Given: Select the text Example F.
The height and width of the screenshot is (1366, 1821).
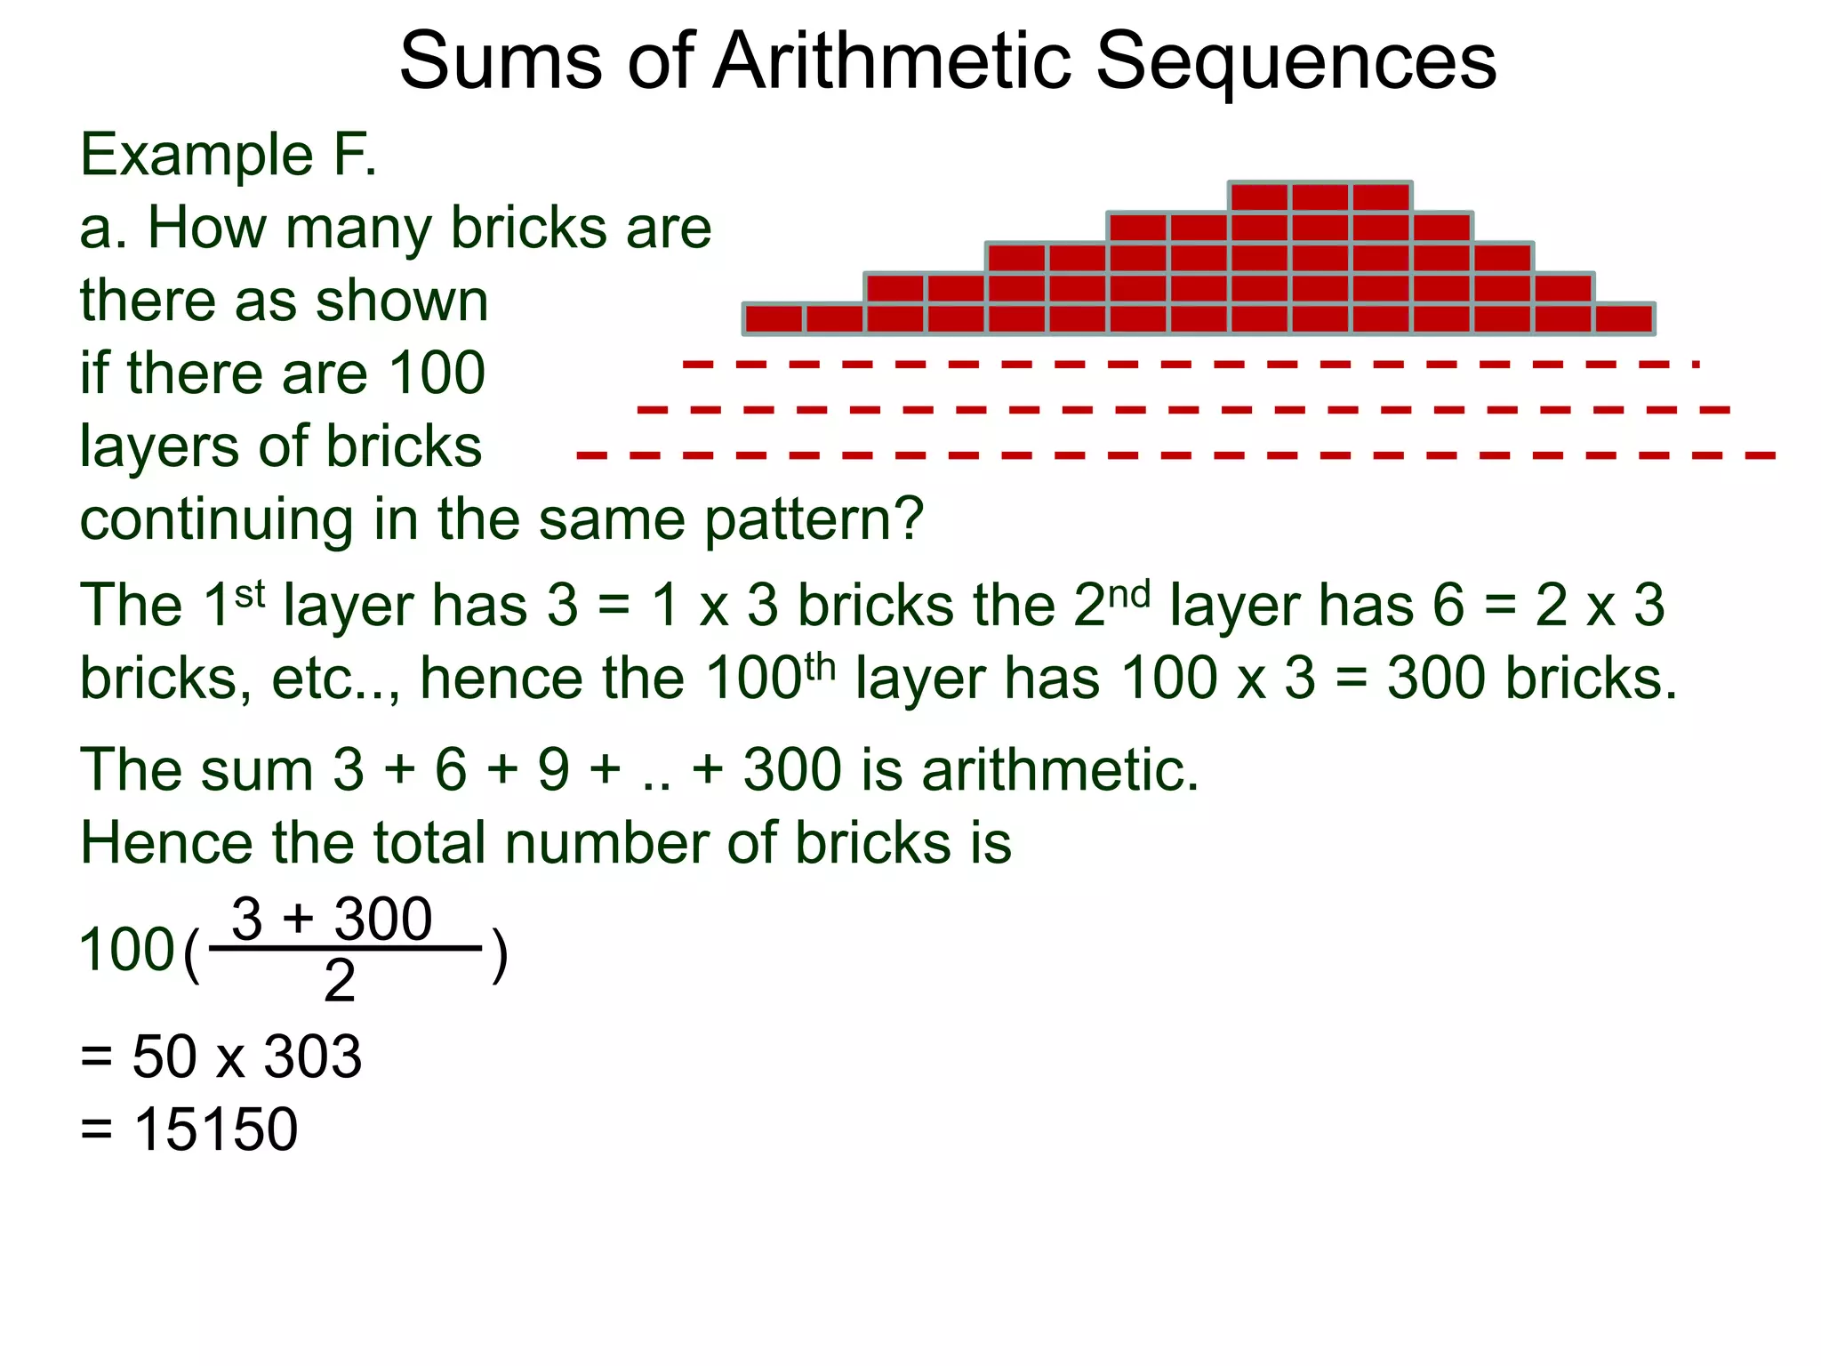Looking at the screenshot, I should (x=229, y=155).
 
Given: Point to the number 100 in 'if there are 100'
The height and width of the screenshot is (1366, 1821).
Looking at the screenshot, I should (x=437, y=373).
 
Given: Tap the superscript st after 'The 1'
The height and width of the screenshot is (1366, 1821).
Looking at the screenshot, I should (x=250, y=593).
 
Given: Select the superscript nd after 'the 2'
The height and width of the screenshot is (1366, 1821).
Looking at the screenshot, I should (x=1129, y=593).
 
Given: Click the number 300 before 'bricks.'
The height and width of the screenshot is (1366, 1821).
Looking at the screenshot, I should (x=1436, y=679).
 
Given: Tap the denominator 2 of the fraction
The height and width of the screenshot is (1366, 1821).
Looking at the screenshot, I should (x=339, y=981).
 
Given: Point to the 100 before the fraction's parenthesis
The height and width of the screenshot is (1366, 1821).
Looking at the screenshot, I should (x=126, y=949).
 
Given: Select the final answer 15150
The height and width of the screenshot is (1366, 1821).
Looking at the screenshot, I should (x=216, y=1130).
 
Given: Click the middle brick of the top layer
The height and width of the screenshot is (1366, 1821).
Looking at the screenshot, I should (x=1320, y=197).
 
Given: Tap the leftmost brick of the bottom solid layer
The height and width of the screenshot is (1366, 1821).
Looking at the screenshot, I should (x=774, y=318).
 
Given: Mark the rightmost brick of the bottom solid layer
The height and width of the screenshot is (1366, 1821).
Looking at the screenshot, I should (x=1624, y=318).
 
